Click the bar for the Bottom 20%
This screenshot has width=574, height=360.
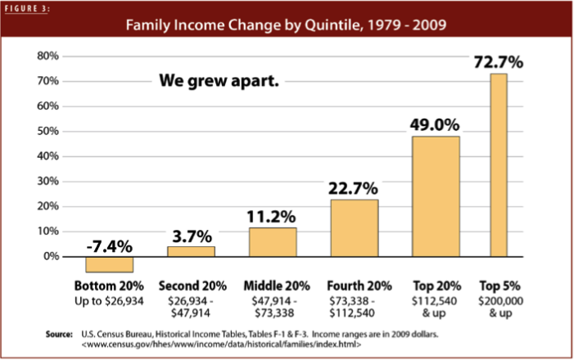(x=109, y=264)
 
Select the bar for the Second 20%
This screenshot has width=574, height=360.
(x=191, y=251)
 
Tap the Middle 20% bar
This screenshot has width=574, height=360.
(x=273, y=242)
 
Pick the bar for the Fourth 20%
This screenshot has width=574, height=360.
(x=354, y=227)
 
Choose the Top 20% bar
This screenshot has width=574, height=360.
(x=435, y=196)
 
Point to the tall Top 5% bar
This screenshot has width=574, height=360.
(x=499, y=164)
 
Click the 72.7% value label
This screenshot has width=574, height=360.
(x=499, y=62)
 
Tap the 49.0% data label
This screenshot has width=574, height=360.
(x=435, y=125)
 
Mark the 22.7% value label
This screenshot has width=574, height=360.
(x=354, y=188)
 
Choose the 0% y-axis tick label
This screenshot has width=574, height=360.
(x=52, y=256)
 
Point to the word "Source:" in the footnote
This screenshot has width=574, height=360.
(x=62, y=335)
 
